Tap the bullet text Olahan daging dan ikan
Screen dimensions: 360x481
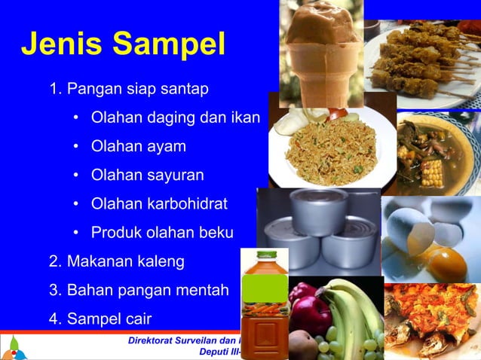click(x=175, y=117)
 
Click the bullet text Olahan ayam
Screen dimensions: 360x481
click(x=138, y=146)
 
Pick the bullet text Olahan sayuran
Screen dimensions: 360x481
click(x=147, y=175)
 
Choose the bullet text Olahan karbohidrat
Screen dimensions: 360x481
click(x=159, y=204)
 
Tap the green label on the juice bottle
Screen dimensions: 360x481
click(x=264, y=289)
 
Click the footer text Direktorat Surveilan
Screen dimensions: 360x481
click(x=182, y=340)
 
